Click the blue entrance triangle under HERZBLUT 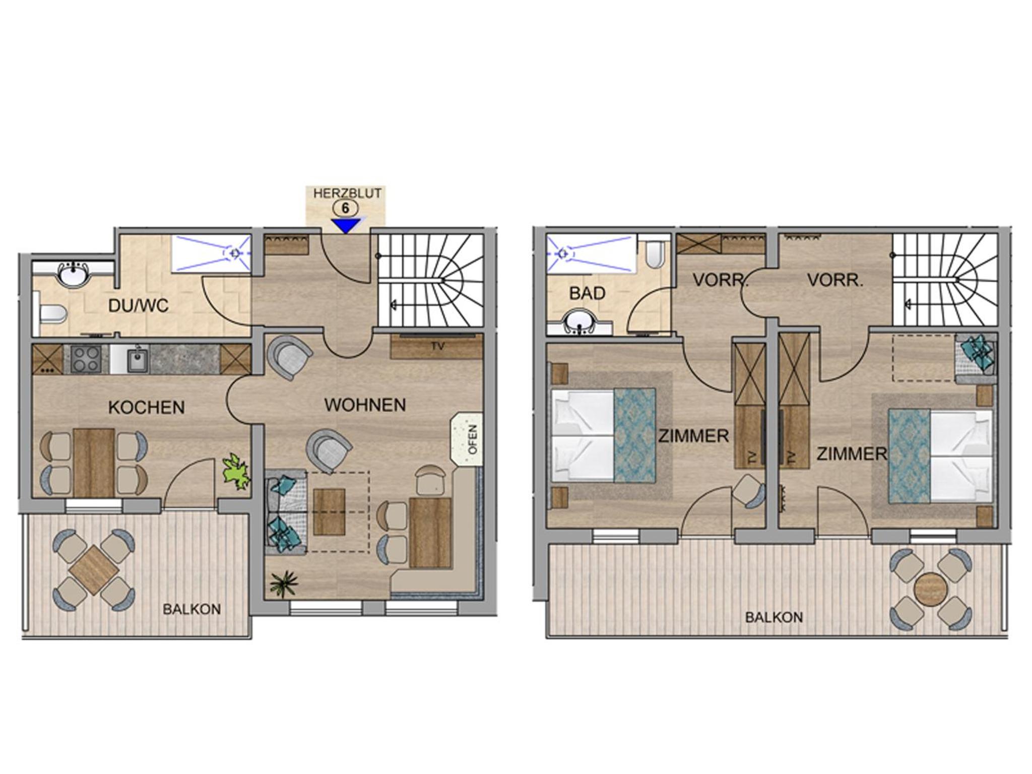click(345, 225)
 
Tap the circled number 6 click(345, 208)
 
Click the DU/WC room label click(139, 305)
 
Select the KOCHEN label click(146, 407)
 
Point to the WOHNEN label click(365, 405)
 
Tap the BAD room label click(587, 293)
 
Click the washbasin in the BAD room click(580, 321)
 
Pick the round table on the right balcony click(931, 588)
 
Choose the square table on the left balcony click(94, 569)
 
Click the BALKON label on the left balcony click(191, 609)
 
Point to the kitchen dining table click(94, 463)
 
